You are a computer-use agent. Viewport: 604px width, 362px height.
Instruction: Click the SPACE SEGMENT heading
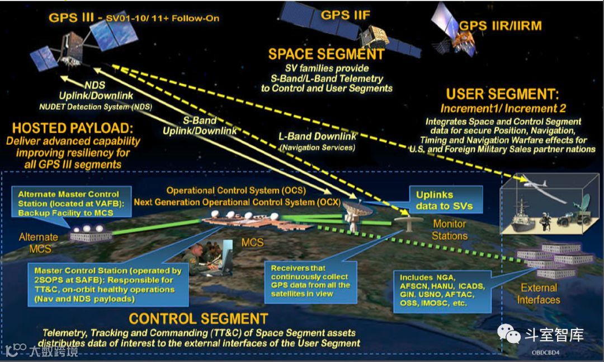(x=326, y=54)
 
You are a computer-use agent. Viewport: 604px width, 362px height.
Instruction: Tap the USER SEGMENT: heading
(x=502, y=94)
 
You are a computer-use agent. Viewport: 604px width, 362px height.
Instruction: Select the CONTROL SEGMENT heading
(x=199, y=319)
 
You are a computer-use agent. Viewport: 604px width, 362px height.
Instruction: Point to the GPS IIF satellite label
(x=345, y=15)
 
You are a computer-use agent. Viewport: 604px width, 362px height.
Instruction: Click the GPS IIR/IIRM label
(x=500, y=26)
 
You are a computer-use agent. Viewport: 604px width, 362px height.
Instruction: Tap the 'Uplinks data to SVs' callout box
(x=444, y=201)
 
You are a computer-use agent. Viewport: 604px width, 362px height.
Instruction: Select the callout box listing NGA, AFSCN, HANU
(x=441, y=290)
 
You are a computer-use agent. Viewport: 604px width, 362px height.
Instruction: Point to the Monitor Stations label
(x=450, y=230)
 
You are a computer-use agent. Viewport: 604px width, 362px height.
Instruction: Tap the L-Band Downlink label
(x=317, y=137)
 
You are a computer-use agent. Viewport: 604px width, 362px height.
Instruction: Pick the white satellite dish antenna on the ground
(x=355, y=212)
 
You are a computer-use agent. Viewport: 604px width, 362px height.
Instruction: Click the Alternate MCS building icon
(x=91, y=234)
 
